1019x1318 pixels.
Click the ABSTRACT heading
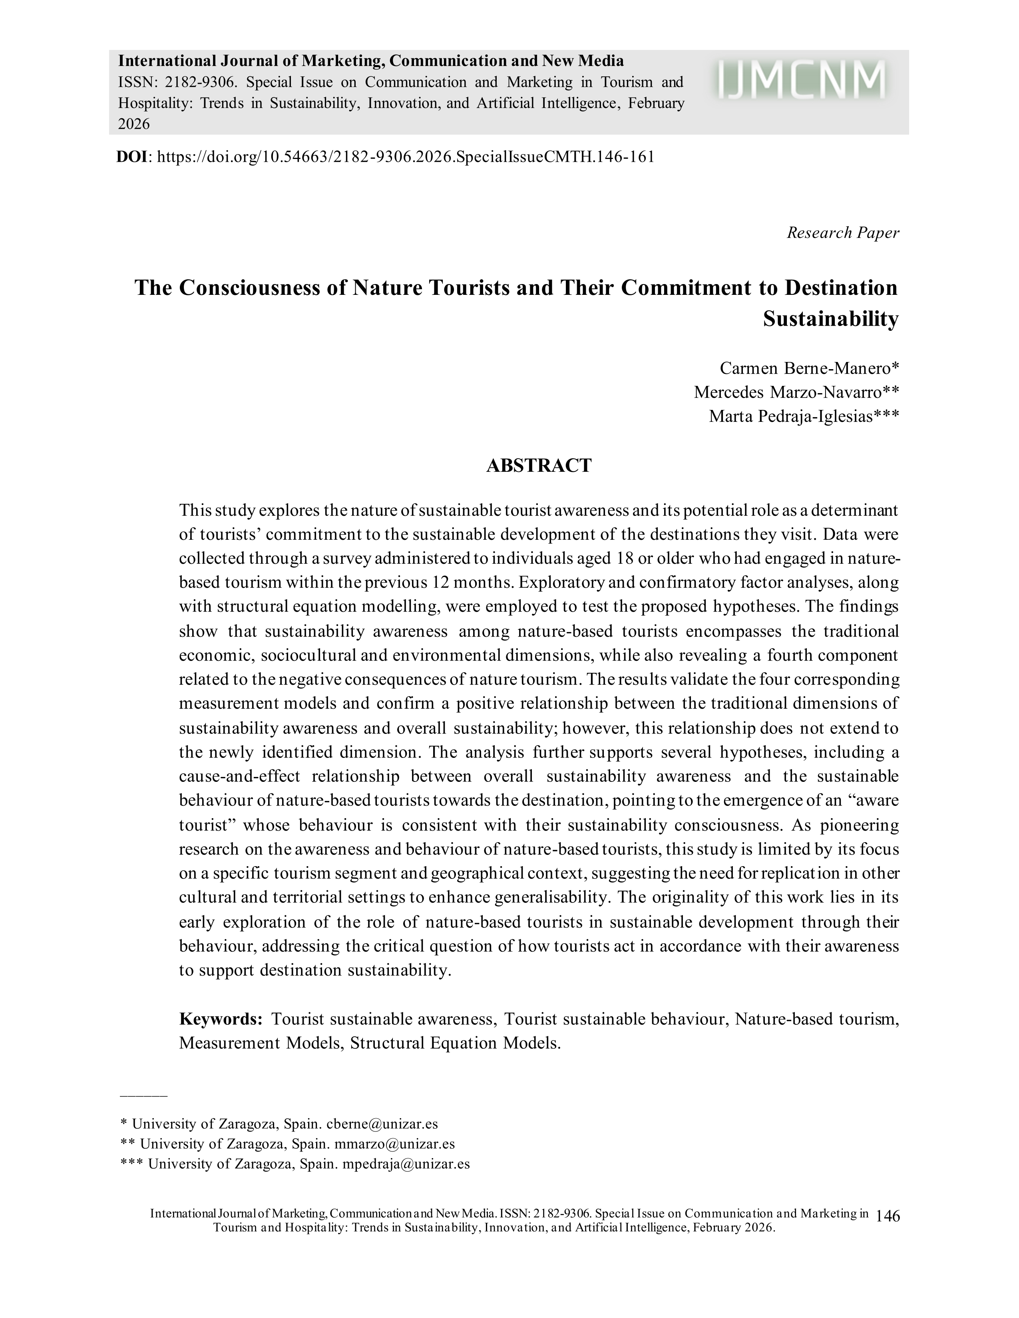[x=539, y=466]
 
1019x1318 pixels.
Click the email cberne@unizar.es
[x=382, y=1124]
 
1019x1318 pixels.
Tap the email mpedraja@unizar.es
[x=406, y=1164]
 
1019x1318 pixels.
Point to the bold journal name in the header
[x=371, y=61]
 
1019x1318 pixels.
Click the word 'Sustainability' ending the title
[x=831, y=319]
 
